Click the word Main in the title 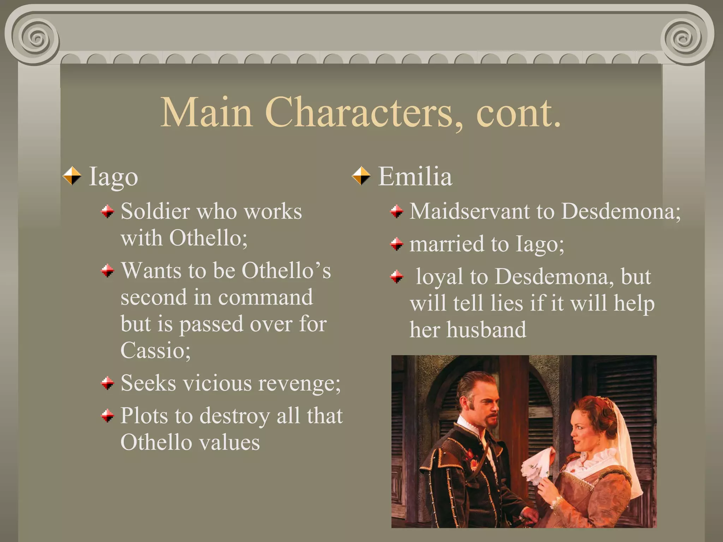click(207, 112)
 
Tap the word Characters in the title click(359, 112)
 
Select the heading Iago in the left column click(113, 176)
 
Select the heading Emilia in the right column click(415, 176)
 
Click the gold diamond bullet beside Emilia click(361, 176)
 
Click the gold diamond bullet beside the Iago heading click(72, 176)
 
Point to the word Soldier click(155, 212)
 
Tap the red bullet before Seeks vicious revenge click(108, 383)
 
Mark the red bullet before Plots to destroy click(108, 416)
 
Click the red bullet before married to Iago click(397, 244)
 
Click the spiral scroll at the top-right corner click(684, 38)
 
